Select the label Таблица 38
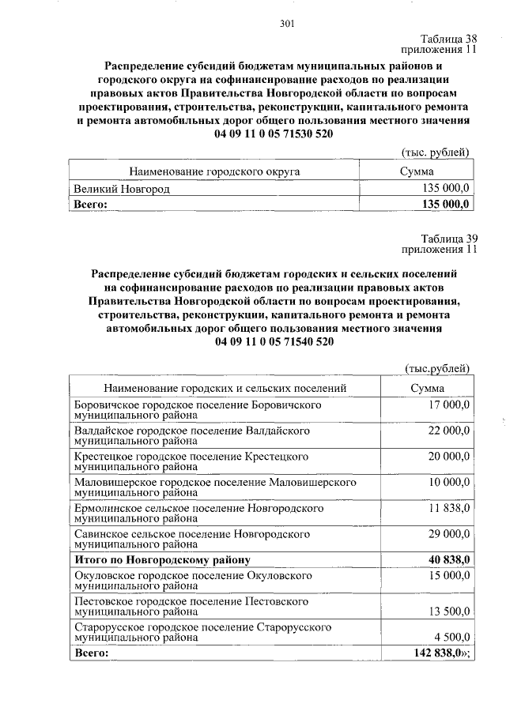449,39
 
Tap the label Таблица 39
449,239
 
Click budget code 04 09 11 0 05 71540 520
274,341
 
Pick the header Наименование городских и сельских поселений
225,388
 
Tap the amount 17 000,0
449,405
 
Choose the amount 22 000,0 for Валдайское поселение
449,430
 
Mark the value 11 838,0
449,507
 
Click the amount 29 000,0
449,533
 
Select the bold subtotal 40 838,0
447,559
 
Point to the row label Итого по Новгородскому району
162,559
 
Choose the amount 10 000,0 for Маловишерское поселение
449,481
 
